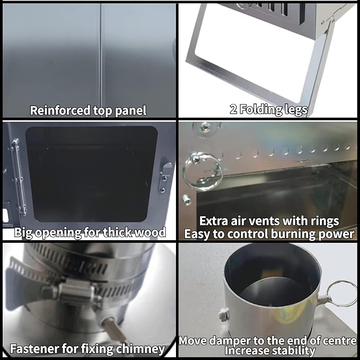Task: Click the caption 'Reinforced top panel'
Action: coord(88,110)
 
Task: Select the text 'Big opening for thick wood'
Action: coord(90,232)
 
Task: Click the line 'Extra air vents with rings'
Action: coord(269,221)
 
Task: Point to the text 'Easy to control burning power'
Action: coord(269,233)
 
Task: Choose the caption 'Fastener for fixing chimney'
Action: coord(87,349)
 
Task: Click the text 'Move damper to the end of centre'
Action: coord(268,340)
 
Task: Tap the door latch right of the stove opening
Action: coord(165,175)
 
